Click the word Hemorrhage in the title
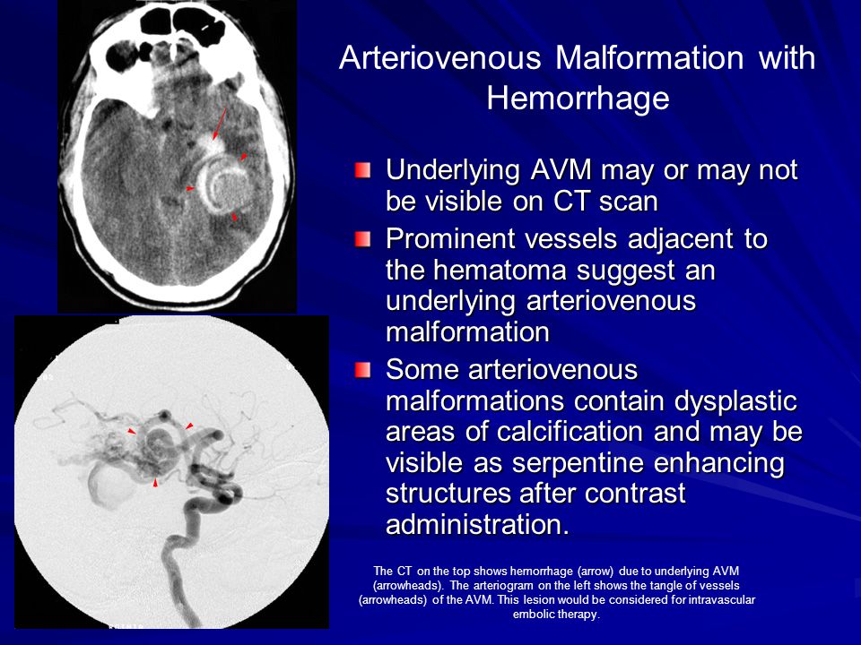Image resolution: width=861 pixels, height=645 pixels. pos(578,99)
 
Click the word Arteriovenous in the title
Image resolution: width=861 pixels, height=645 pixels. pos(439,57)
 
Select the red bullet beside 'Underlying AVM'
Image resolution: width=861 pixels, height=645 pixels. pos(362,170)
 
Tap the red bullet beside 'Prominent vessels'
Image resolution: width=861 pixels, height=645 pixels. pos(362,239)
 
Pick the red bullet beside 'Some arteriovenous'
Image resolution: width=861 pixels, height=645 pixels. pos(362,370)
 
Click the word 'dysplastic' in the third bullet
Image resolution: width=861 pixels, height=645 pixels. pos(735,402)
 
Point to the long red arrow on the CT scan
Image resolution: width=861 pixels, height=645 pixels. pos(219,123)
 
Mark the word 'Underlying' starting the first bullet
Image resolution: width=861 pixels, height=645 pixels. pos(452,171)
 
